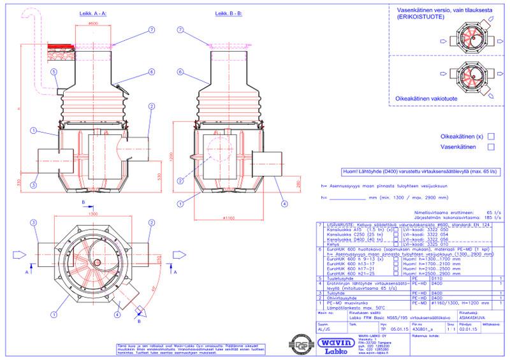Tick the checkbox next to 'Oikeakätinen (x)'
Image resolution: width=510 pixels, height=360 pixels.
point(491,136)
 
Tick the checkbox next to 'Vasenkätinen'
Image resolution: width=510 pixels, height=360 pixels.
point(491,147)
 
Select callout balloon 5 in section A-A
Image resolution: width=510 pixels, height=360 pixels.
point(54,72)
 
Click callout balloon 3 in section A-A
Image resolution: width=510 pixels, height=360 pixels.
point(33,185)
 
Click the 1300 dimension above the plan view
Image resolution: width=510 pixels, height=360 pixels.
point(94,214)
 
